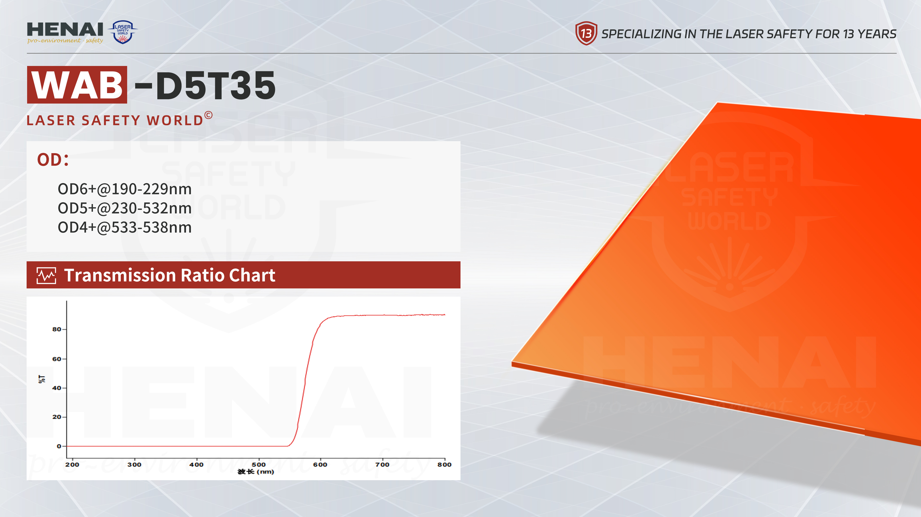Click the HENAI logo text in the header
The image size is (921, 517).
tap(65, 29)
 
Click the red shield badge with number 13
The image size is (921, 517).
tap(586, 33)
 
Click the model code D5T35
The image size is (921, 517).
tap(216, 85)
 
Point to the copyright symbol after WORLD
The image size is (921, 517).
tap(209, 115)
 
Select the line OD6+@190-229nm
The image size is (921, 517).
tap(125, 189)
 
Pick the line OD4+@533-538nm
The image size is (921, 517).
tap(125, 227)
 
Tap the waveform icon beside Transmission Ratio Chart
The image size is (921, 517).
tap(47, 275)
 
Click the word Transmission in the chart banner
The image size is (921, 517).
tap(120, 275)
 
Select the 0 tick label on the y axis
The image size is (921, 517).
tap(59, 446)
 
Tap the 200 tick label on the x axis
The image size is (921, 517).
tap(72, 465)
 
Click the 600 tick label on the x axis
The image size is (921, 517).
tap(320, 465)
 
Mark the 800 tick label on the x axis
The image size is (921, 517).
tap(444, 465)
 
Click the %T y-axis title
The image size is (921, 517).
tap(42, 379)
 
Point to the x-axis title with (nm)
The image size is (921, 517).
tap(256, 472)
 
